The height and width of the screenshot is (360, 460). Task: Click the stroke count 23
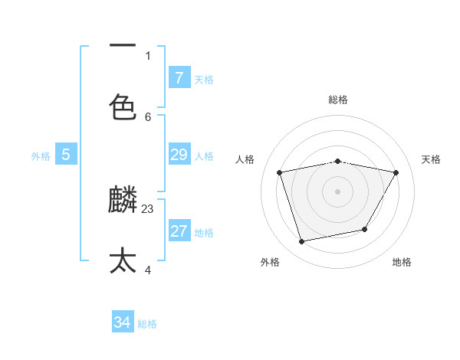pos(148,208)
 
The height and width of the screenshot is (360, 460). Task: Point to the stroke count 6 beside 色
pos(148,116)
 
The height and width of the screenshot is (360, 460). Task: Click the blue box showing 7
pos(179,77)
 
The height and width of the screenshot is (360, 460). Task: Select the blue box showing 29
pos(179,155)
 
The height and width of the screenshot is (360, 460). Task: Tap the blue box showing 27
pos(179,231)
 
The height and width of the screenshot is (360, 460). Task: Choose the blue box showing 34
pos(122,322)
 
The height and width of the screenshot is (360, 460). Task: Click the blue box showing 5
pos(66,155)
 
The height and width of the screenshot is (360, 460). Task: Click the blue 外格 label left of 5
pos(41,156)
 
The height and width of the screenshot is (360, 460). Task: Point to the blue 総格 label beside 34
pos(147,324)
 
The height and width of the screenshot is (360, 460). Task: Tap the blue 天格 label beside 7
pos(204,79)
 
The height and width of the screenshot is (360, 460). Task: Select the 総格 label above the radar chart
pos(337,100)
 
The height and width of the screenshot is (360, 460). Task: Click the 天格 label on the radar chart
pos(431,159)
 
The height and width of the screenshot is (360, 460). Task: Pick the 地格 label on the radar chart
pos(402,262)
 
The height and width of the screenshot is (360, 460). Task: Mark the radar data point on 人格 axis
pos(280,173)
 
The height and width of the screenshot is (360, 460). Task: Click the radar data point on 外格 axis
pos(302,241)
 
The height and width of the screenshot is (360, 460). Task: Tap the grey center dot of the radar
pos(337,191)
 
